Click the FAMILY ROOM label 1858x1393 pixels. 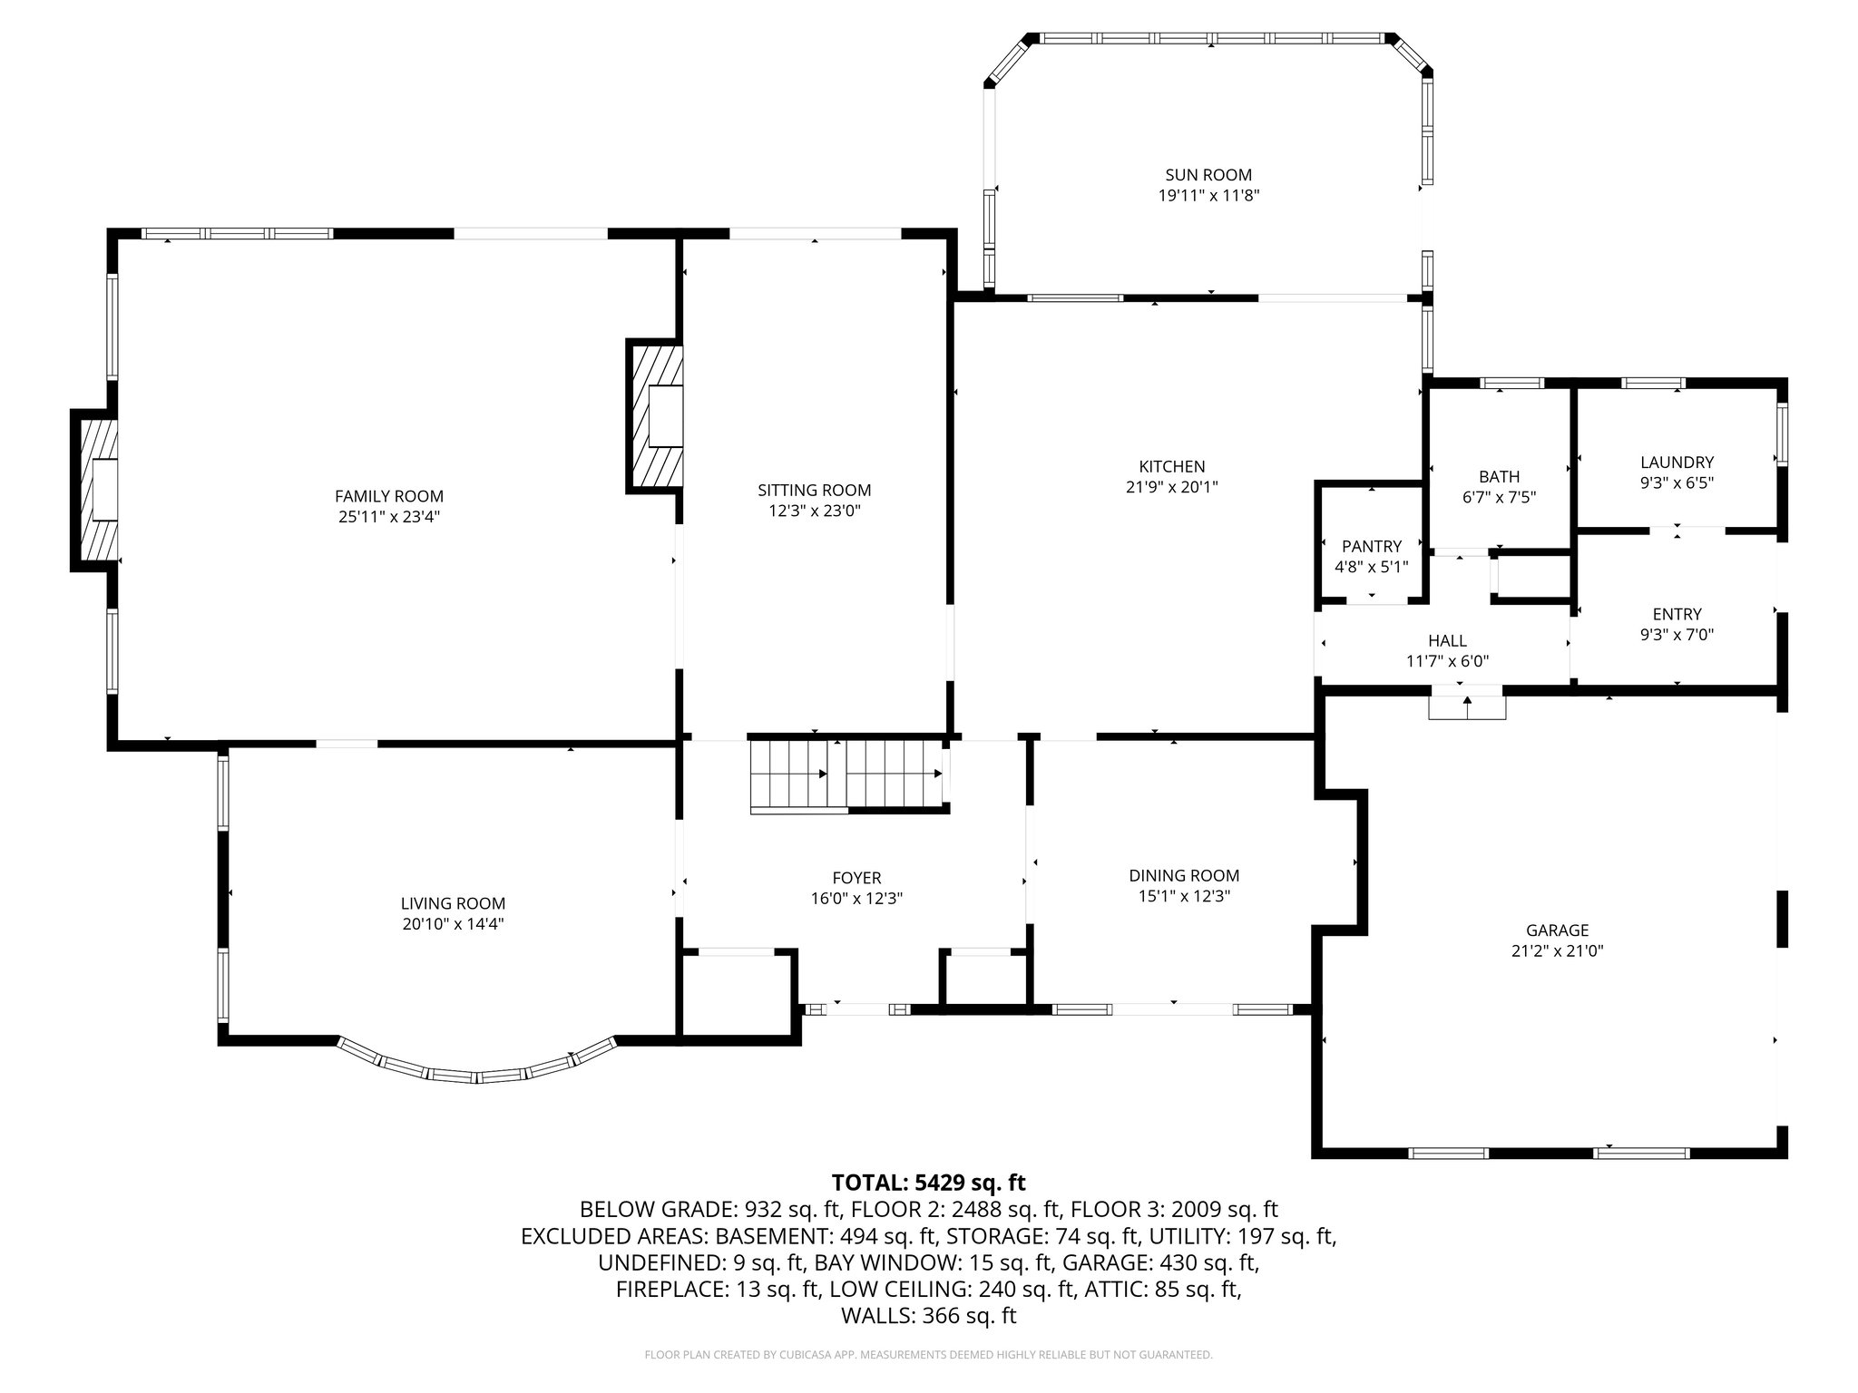pyautogui.click(x=389, y=496)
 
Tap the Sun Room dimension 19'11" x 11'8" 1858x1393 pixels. pyautogui.click(x=1208, y=195)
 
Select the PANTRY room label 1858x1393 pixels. pyautogui.click(x=1371, y=546)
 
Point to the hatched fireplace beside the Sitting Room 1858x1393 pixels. pyautogui.click(x=655, y=416)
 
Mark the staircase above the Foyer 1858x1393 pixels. pyautogui.click(x=846, y=775)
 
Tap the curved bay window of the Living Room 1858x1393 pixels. pyautogui.click(x=476, y=1067)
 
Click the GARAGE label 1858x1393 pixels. pyautogui.click(x=1557, y=930)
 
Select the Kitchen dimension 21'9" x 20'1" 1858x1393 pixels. pyautogui.click(x=1171, y=487)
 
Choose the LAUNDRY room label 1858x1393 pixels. pyautogui.click(x=1676, y=463)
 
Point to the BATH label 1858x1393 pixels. pyautogui.click(x=1498, y=476)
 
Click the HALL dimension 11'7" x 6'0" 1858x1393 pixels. pyautogui.click(x=1447, y=662)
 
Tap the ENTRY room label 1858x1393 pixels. pyautogui.click(x=1676, y=614)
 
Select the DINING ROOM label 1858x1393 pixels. pyautogui.click(x=1183, y=875)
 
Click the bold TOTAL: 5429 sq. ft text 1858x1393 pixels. pyautogui.click(x=928, y=1183)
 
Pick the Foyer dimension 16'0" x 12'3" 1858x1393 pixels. pyautogui.click(x=856, y=899)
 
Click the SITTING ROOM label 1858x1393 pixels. pyautogui.click(x=814, y=490)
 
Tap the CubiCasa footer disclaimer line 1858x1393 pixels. pyautogui.click(x=928, y=1355)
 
